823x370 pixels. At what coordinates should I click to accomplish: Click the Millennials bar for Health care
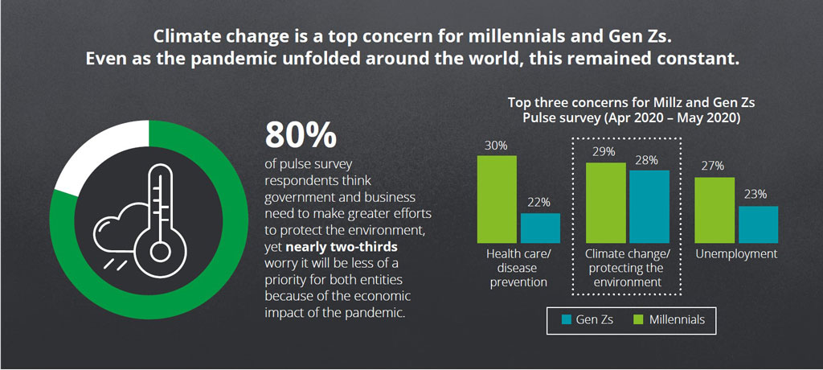coord(497,199)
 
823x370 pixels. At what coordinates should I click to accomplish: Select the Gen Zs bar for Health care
coord(540,228)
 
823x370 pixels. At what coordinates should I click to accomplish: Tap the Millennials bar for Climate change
coord(605,203)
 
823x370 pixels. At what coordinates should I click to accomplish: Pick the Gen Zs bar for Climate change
coord(649,206)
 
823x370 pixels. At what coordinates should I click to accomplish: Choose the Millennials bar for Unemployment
coord(714,210)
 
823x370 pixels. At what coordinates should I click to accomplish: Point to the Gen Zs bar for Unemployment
coord(758,224)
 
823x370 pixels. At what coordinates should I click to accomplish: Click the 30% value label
coord(496,145)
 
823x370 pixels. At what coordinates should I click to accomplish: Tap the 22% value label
coord(539,203)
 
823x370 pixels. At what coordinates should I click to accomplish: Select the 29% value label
coord(605,151)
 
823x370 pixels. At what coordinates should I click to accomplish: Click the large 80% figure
coord(300,135)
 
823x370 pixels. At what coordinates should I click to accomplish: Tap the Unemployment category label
coord(737,254)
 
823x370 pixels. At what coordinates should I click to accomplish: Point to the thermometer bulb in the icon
coord(161,251)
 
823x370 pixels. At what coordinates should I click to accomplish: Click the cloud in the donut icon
coord(121,229)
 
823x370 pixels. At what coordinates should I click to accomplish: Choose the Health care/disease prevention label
coord(518,268)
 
